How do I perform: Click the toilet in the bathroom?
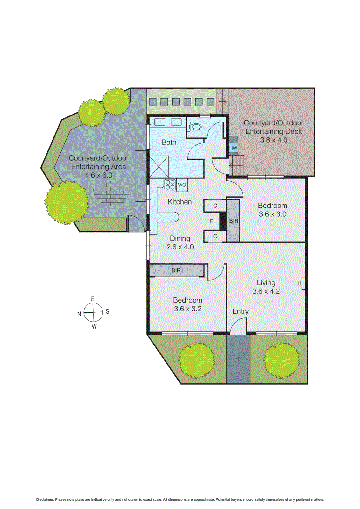click(x=195, y=127)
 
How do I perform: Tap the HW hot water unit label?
click(x=233, y=148)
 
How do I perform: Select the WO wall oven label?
click(x=182, y=185)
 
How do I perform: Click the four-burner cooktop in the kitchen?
click(x=170, y=185)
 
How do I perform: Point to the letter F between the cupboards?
click(x=211, y=221)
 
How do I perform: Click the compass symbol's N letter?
click(x=79, y=314)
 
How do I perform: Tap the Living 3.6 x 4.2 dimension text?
click(x=266, y=291)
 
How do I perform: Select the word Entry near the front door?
click(x=240, y=311)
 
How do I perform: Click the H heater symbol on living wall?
click(x=300, y=283)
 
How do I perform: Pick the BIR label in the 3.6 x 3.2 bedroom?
click(x=176, y=270)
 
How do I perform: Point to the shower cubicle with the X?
click(x=159, y=166)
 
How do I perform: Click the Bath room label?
click(x=169, y=142)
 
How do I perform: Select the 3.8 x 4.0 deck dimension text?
click(x=273, y=140)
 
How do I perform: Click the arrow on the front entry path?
click(x=238, y=359)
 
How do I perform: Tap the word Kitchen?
click(x=180, y=202)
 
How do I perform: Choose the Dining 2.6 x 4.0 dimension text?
click(x=180, y=247)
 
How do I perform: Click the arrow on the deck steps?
click(x=236, y=166)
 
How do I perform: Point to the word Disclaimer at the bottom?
click(x=45, y=499)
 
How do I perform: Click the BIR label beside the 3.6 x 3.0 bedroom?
click(x=233, y=221)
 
